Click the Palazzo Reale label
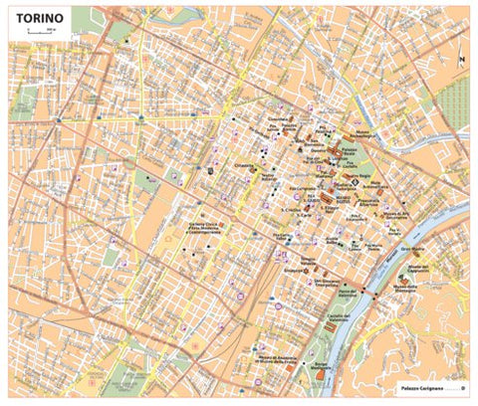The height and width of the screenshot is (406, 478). tap(347, 149)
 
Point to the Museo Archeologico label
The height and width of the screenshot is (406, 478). tap(368, 134)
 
